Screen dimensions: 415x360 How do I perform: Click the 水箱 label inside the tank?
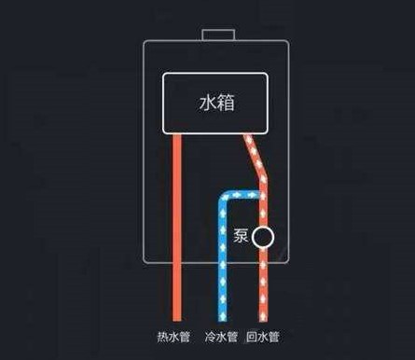[x=216, y=103]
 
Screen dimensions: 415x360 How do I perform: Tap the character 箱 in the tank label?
[x=226, y=103]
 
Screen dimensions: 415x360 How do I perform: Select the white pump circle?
[x=263, y=237]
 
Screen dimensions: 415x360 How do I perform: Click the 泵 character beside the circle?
[x=241, y=236]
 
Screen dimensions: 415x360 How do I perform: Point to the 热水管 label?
[x=173, y=337]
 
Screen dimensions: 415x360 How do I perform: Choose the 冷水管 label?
[x=221, y=337]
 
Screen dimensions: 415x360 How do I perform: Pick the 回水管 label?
[x=263, y=337]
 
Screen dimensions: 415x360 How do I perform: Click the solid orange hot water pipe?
[x=177, y=228]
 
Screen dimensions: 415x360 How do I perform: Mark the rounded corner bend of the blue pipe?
[x=222, y=197]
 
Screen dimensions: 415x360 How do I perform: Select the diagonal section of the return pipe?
[x=256, y=157]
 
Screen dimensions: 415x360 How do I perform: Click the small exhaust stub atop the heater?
[x=218, y=35]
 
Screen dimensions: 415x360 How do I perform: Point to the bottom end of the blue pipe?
[x=223, y=320]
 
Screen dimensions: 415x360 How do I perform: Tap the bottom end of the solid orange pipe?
[x=177, y=320]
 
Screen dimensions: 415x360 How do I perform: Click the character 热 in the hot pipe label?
[x=162, y=337]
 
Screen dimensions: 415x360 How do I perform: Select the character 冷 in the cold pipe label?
[x=211, y=337]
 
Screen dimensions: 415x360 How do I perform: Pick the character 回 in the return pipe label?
[x=252, y=337]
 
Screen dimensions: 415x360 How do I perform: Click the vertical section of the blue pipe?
[x=223, y=261]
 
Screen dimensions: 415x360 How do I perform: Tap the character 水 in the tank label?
[x=208, y=103]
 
